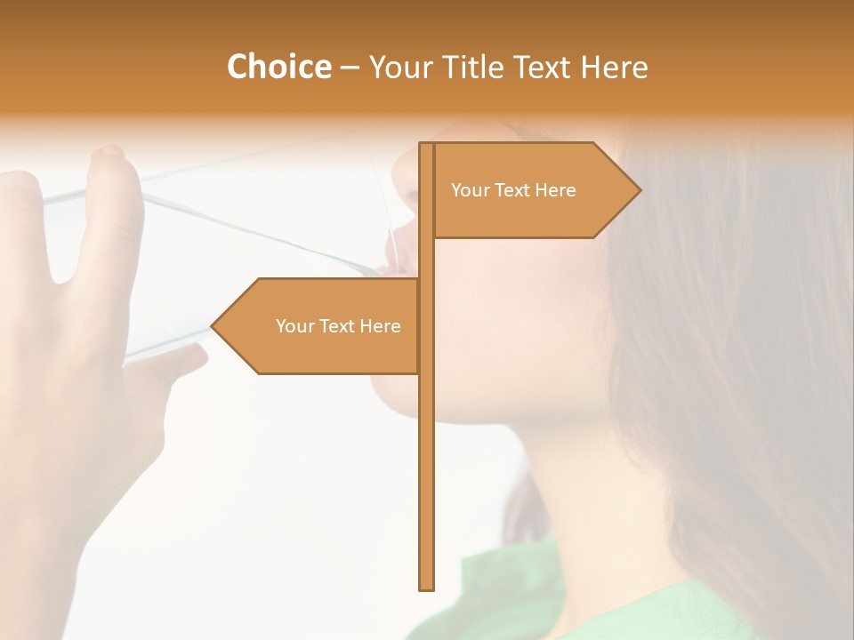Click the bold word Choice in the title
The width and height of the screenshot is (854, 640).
point(278,67)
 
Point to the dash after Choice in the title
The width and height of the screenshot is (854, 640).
point(350,68)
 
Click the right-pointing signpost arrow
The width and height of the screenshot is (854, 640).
point(534,190)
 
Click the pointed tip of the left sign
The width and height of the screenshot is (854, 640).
point(214,326)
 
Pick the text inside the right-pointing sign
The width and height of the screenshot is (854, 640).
point(513,190)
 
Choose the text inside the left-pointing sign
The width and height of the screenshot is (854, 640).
point(338,326)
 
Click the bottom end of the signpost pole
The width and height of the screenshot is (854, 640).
point(426,586)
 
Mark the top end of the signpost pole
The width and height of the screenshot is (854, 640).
point(426,146)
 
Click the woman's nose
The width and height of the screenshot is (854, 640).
point(402,164)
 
